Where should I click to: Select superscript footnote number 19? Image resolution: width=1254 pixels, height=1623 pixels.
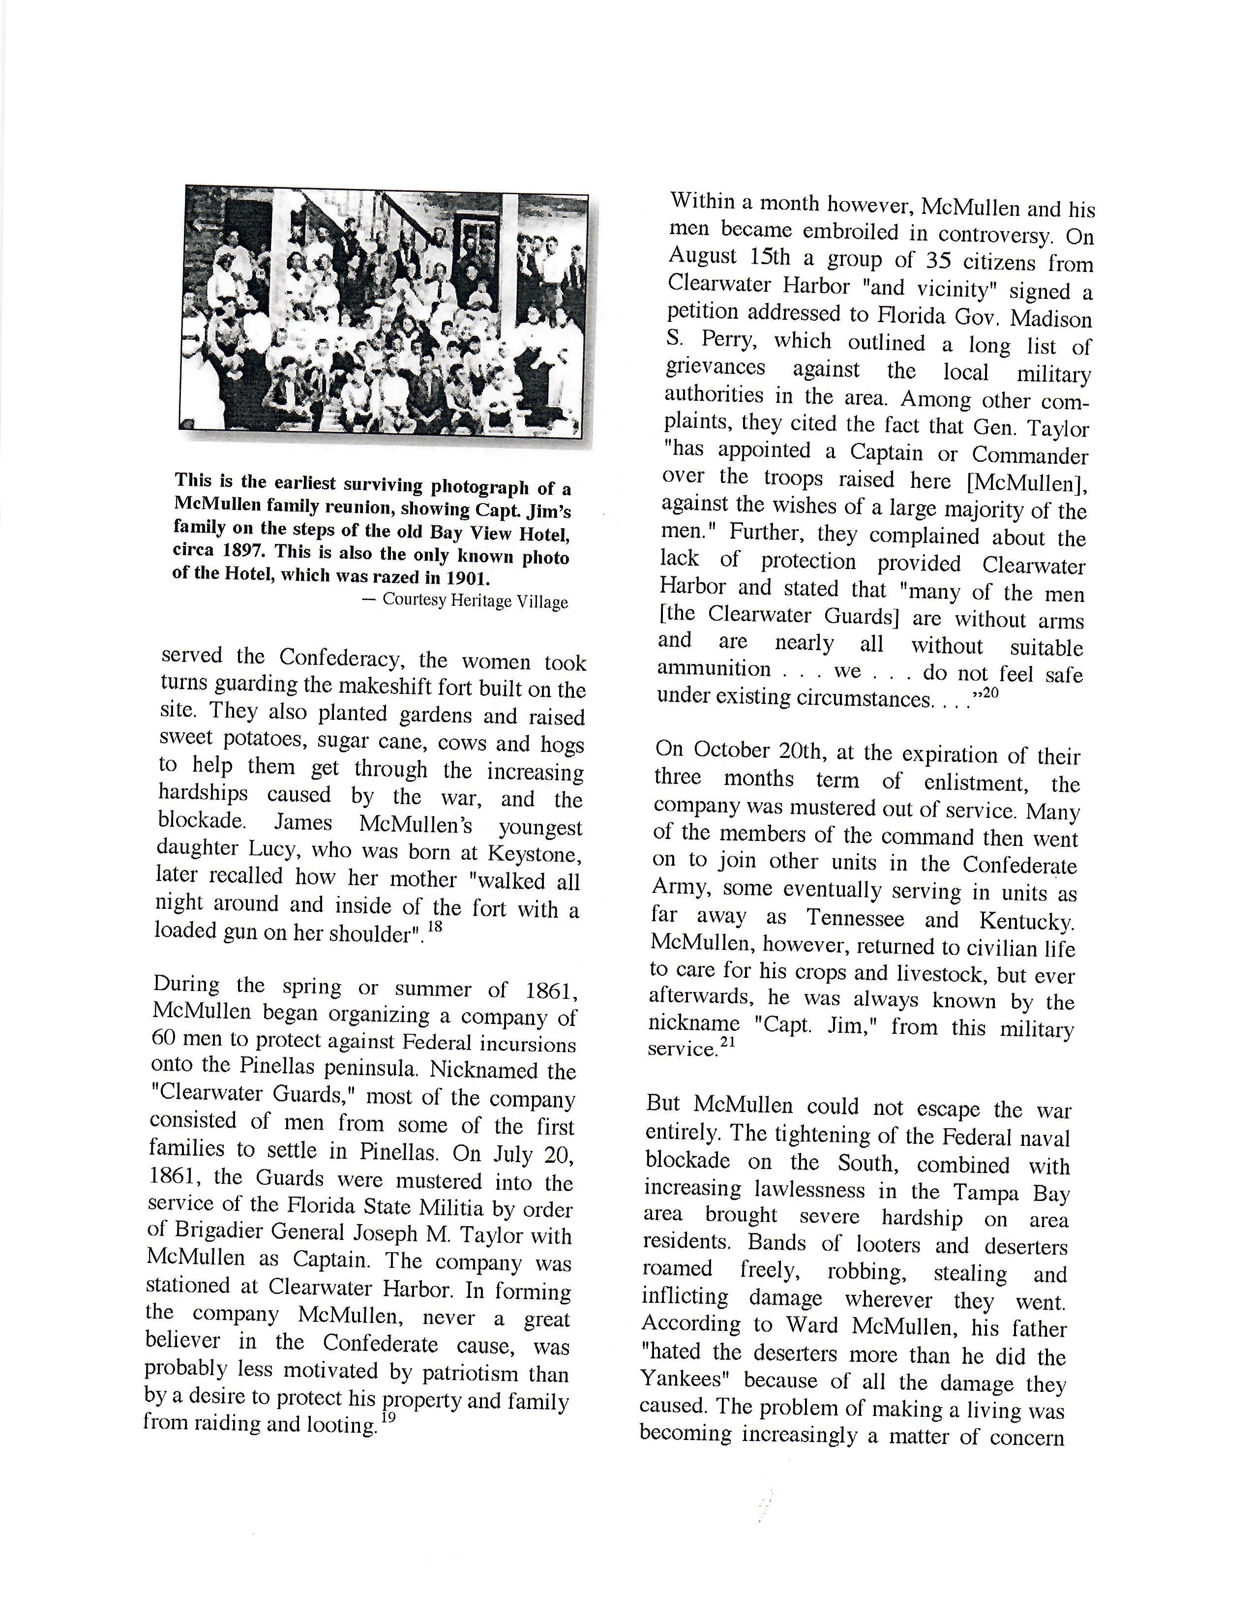[388, 1417]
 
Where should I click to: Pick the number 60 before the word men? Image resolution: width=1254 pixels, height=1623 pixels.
[163, 1038]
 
